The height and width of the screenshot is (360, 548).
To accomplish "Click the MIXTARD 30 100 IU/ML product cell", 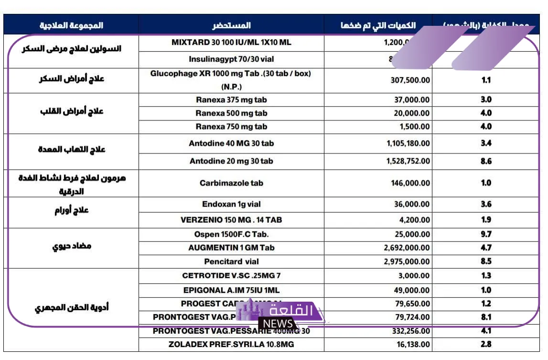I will tap(231, 43).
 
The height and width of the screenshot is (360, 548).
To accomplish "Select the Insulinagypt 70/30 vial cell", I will tap(231, 60).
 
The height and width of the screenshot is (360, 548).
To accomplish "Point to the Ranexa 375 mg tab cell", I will tap(231, 100).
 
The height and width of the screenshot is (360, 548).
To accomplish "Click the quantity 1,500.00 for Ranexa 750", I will tap(414, 127).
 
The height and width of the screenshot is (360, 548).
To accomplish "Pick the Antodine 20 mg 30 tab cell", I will tap(231, 161).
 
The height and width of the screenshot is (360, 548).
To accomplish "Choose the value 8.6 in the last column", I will tap(486, 161).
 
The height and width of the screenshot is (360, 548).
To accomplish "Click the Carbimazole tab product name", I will tap(231, 183).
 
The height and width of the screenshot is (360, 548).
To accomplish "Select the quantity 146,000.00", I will tap(410, 183).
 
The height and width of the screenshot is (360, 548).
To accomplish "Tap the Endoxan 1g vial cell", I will tap(231, 204).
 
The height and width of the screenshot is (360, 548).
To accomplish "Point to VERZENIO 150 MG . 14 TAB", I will tap(231, 220).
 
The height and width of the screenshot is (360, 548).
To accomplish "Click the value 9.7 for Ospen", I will tap(486, 234).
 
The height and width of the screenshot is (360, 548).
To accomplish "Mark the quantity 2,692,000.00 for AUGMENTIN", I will tap(407, 248).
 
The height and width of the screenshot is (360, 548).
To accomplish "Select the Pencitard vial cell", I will tap(231, 262).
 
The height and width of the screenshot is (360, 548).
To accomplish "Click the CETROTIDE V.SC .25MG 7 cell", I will tap(231, 276).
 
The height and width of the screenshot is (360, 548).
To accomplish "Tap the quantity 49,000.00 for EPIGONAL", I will tap(412, 290).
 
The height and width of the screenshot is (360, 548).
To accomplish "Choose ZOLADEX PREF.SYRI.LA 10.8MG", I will tap(231, 344).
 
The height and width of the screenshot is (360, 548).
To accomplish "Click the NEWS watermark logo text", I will tap(278, 324).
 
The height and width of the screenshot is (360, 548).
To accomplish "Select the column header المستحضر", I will tap(231, 25).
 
